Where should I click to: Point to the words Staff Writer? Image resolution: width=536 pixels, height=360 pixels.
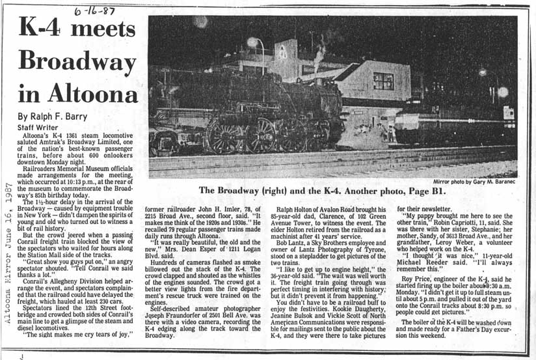point(37,128)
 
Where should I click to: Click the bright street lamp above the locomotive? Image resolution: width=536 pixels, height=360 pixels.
point(252,42)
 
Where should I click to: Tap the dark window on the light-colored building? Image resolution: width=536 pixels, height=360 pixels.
point(383,81)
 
